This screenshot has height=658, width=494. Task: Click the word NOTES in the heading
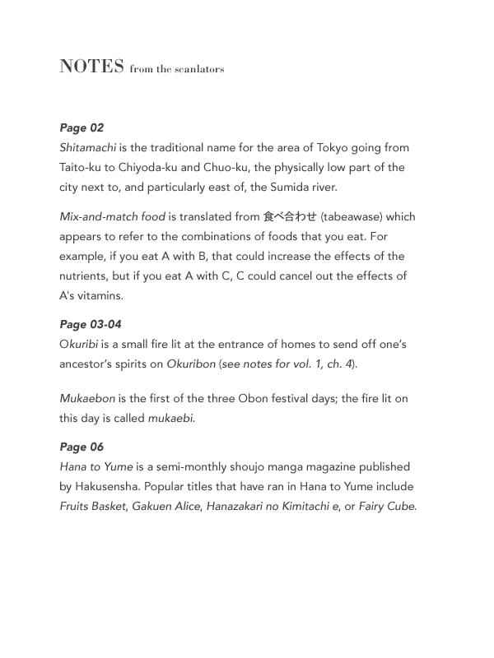pyautogui.click(x=91, y=67)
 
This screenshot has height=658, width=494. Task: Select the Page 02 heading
pyautogui.click(x=82, y=127)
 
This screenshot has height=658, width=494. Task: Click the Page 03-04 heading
pyautogui.click(x=91, y=324)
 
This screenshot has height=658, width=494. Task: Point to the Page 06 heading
pyautogui.click(x=82, y=447)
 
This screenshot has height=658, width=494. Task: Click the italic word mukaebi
pyautogui.click(x=171, y=418)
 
